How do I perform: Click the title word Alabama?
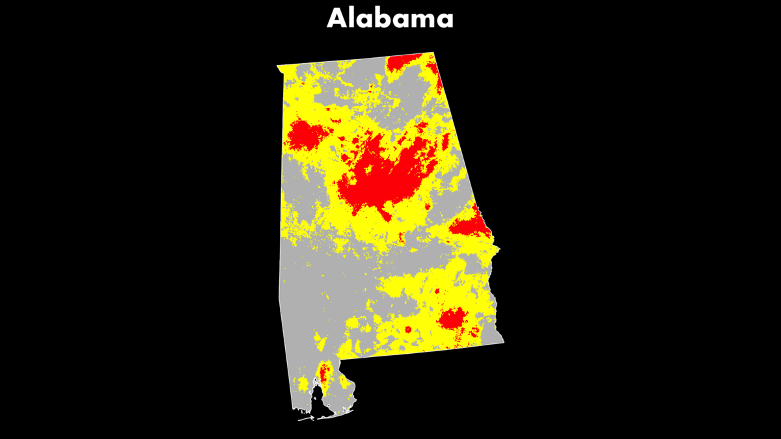click(x=390, y=18)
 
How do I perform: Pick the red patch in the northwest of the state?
click(x=306, y=135)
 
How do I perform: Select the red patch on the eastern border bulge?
click(x=471, y=226)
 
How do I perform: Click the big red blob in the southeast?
click(x=451, y=319)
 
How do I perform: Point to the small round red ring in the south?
click(x=408, y=330)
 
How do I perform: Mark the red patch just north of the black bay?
click(x=323, y=373)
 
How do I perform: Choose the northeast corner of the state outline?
click(x=433, y=53)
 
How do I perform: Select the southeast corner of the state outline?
click(x=503, y=342)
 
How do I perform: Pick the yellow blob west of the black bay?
click(x=302, y=384)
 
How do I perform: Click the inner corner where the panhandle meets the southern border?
click(x=339, y=359)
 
